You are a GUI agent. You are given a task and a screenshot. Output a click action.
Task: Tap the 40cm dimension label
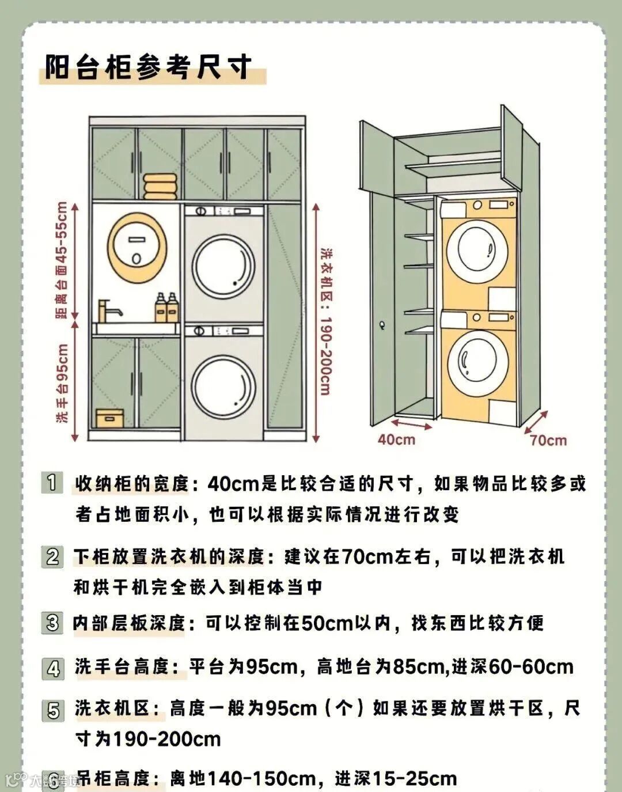[x=396, y=439]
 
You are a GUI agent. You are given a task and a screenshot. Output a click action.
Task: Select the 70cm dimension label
[x=548, y=441]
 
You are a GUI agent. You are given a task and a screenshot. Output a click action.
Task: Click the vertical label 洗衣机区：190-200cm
[x=326, y=323]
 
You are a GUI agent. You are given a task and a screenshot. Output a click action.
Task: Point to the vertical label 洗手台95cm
[x=63, y=383]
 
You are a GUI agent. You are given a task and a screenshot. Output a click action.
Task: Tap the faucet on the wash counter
[x=108, y=311]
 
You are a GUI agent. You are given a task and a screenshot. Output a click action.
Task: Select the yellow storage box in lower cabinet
[x=109, y=418]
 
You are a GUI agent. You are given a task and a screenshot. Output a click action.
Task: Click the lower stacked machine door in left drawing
[x=223, y=385]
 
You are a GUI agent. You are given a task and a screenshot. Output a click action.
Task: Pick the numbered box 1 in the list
[x=52, y=482]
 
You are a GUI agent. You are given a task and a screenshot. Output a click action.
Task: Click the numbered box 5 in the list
[x=53, y=710]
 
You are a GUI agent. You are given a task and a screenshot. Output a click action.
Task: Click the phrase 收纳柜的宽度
[x=132, y=483]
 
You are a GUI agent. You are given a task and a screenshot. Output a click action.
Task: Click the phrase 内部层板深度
[x=129, y=623]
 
